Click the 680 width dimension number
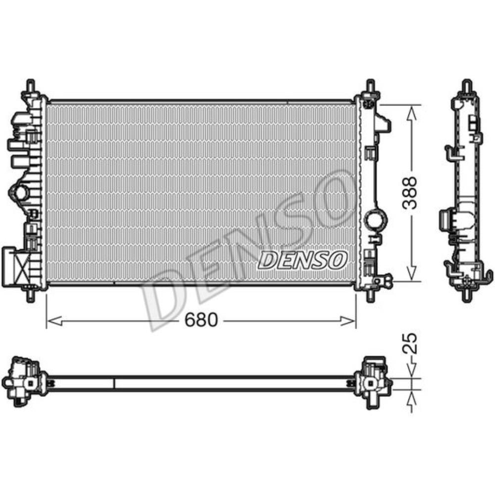coord(201,320)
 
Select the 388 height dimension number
coord(410,193)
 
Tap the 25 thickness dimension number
coord(410,343)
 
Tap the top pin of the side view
coord(466,85)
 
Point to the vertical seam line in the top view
coord(114,383)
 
